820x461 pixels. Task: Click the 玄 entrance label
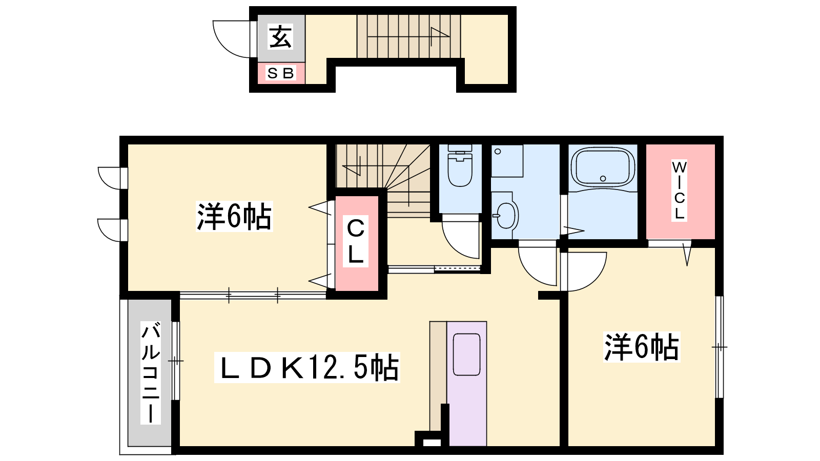pyautogui.click(x=281, y=36)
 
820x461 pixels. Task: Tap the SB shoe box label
pyautogui.click(x=281, y=74)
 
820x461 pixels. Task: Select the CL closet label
pyautogui.click(x=356, y=241)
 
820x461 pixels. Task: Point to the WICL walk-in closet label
pyautogui.click(x=679, y=190)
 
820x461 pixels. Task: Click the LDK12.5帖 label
pyautogui.click(x=307, y=367)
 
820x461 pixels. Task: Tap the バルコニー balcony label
pyautogui.click(x=151, y=372)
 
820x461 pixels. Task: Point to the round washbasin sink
pyautogui.click(x=505, y=216)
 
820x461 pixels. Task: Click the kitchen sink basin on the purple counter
pyautogui.click(x=467, y=354)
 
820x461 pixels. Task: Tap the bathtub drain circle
pyautogui.click(x=603, y=179)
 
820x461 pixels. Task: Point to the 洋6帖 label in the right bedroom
pyautogui.click(x=642, y=347)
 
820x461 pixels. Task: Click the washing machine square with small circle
pyautogui.click(x=507, y=161)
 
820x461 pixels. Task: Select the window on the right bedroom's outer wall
pyautogui.click(x=720, y=347)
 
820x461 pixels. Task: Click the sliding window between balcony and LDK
pyautogui.click(x=176, y=361)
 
